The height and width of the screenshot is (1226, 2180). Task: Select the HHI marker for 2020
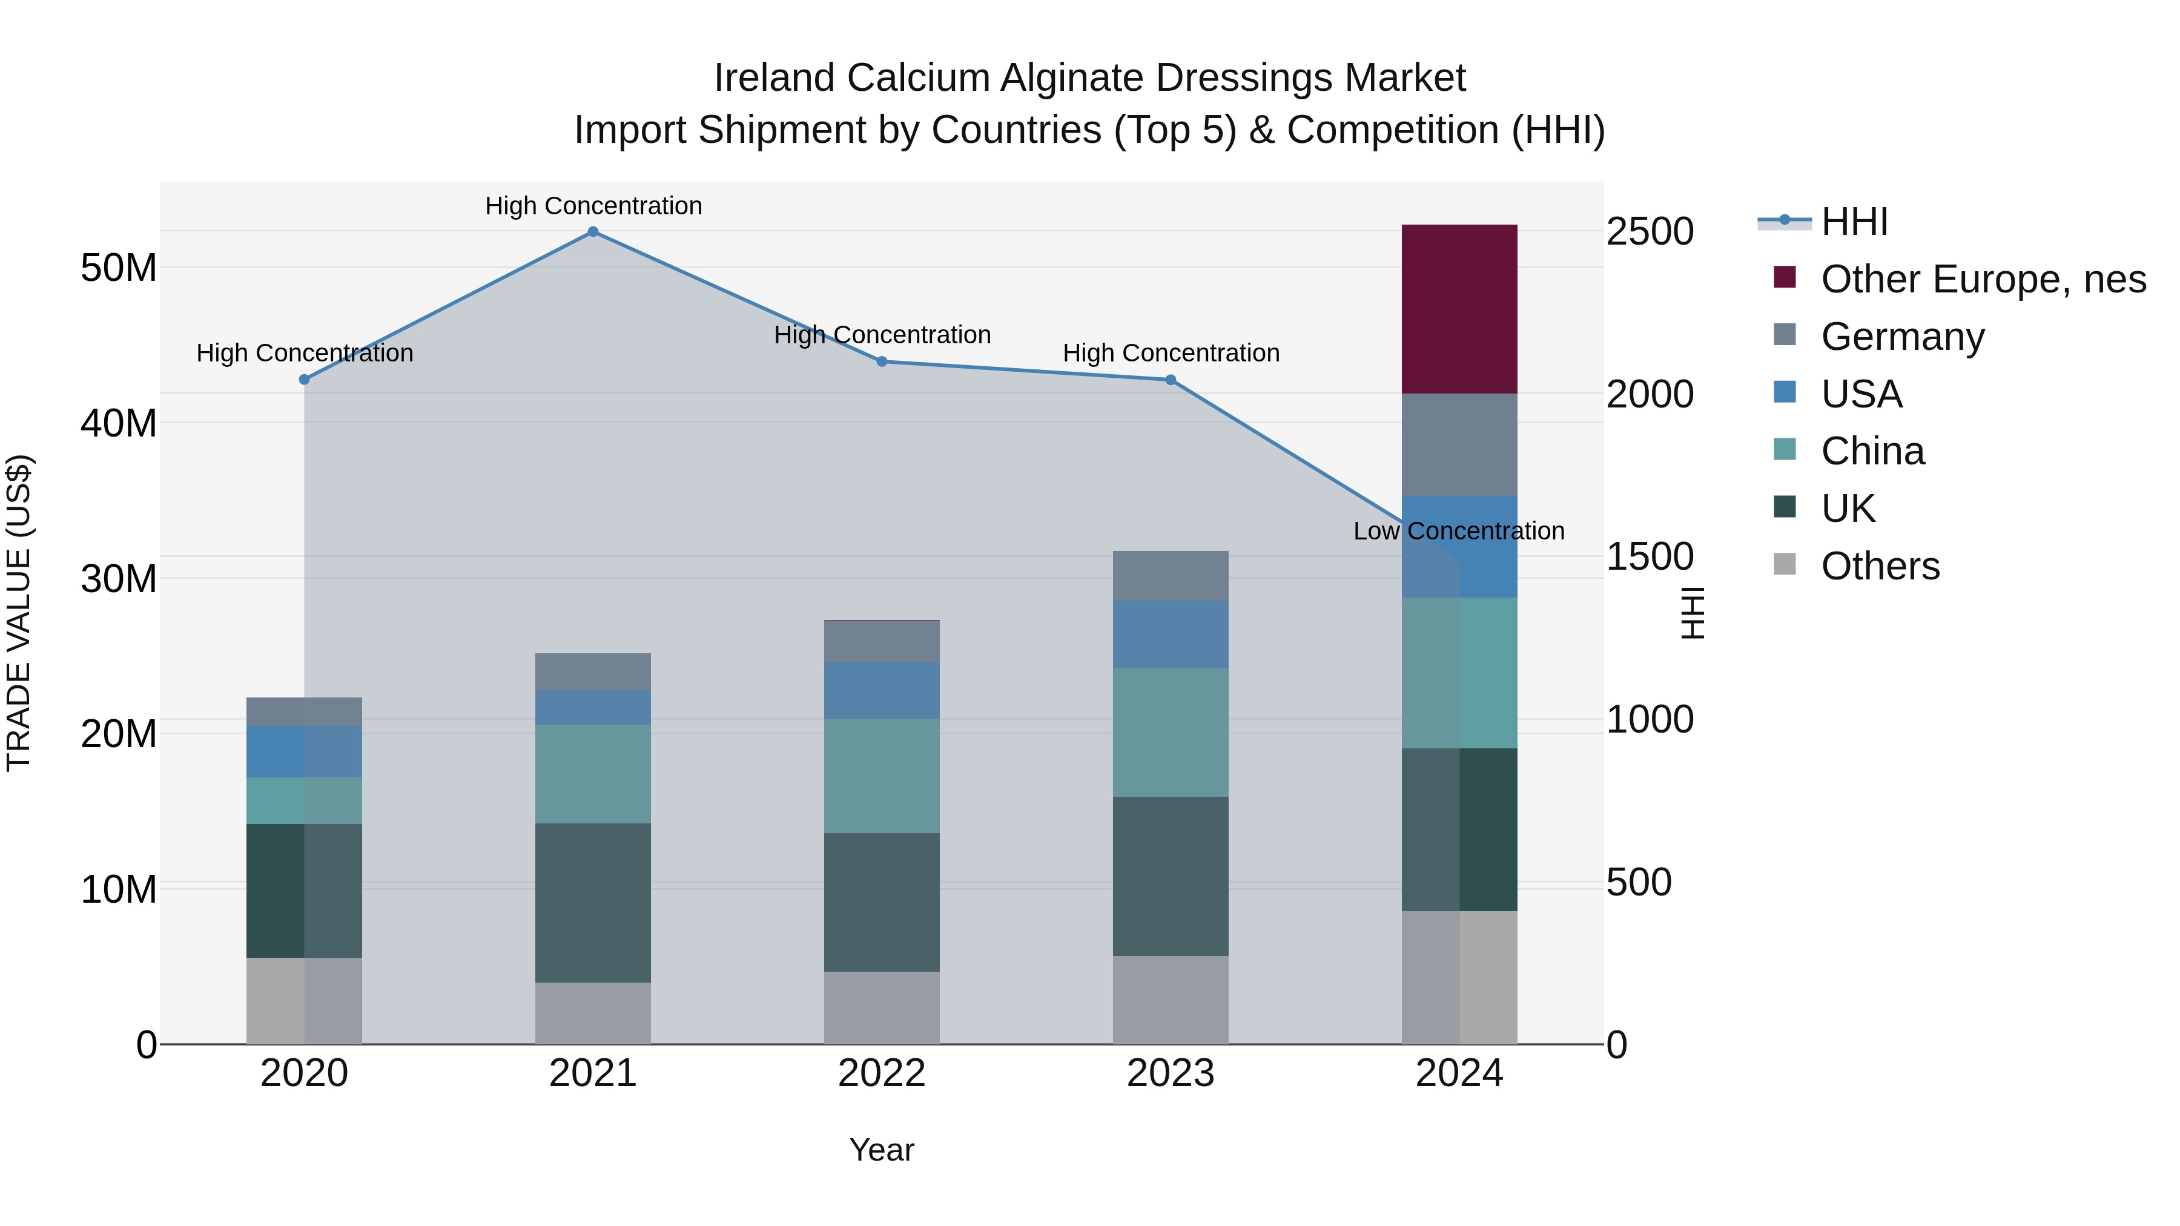[x=304, y=380]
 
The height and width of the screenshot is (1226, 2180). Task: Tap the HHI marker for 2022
[x=881, y=361]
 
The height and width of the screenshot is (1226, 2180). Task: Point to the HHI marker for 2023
[x=1171, y=380]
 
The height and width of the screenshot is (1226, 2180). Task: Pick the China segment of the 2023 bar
[x=1171, y=733]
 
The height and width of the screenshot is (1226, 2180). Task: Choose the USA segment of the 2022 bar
[x=881, y=690]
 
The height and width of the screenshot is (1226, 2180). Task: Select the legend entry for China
[x=1872, y=452]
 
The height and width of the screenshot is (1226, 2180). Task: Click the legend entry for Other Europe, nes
[x=1983, y=279]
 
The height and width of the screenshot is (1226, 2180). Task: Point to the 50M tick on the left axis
[x=119, y=268]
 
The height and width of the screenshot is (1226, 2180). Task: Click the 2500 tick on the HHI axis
[x=1650, y=232]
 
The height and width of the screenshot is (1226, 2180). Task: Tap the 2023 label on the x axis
[x=1171, y=1073]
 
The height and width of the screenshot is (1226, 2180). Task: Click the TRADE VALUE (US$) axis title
[x=19, y=613]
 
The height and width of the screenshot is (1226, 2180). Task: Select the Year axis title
[x=881, y=1150]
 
